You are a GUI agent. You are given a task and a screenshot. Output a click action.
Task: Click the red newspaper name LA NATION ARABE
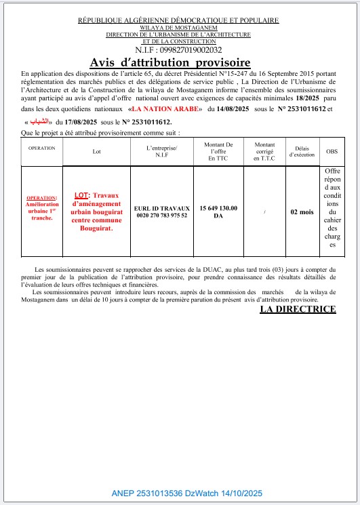pos(165,108)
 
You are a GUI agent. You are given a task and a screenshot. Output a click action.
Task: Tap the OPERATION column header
pos(41,147)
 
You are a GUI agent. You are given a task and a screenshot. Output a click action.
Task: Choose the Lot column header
pos(96,152)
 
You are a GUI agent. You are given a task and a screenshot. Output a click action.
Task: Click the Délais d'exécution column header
pos(301,151)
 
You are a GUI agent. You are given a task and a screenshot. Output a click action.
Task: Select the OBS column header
pos(332,152)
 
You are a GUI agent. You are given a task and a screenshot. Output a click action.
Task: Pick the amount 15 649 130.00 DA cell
pos(218,211)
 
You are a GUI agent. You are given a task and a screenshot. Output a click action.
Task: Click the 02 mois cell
pos(302,212)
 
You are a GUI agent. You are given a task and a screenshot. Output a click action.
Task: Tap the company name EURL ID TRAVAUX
pos(161,207)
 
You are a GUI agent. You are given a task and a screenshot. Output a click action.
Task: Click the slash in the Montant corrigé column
pos(264,212)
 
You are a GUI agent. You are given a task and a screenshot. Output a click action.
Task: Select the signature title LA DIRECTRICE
pos(298,309)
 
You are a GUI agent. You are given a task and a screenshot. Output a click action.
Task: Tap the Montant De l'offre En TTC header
pos(218,151)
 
